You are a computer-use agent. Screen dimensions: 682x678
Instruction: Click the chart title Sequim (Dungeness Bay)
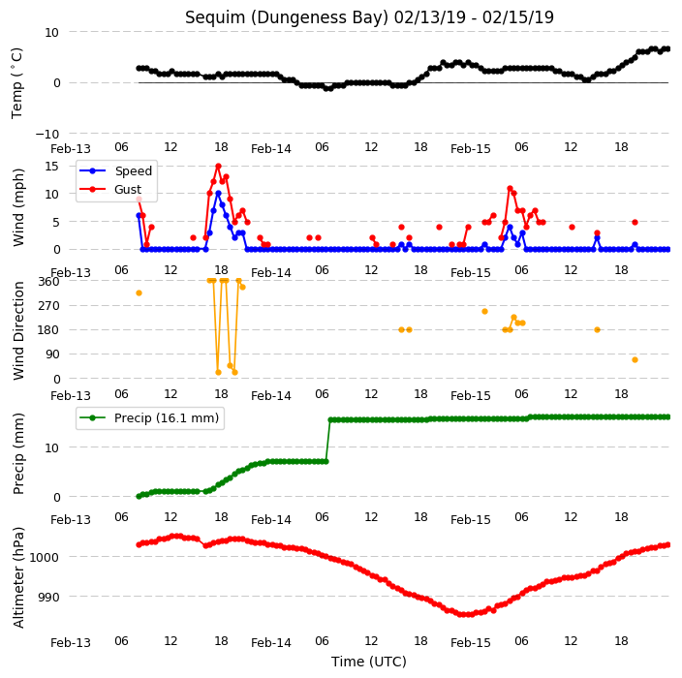coord(286,17)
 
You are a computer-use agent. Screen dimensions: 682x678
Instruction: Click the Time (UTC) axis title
coord(369,662)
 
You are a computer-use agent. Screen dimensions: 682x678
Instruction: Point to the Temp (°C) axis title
coord(16,83)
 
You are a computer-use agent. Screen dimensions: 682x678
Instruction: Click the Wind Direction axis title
coord(18,330)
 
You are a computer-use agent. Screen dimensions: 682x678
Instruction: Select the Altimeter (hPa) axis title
coord(17,577)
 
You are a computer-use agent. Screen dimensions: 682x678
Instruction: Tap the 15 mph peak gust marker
coord(218,167)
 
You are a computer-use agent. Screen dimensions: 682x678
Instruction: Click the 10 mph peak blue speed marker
coord(218,194)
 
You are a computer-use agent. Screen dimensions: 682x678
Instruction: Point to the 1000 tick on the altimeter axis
coord(44,557)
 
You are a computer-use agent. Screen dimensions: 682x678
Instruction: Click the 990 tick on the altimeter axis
coord(48,597)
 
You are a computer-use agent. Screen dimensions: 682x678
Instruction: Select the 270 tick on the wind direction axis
coord(48,306)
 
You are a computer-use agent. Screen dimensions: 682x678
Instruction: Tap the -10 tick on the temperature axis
coord(46,134)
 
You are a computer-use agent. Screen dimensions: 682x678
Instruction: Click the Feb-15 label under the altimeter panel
coord(471,643)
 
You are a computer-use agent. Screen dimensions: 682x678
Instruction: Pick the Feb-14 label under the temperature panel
coord(271,149)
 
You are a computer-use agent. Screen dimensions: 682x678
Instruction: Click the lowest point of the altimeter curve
coord(464,614)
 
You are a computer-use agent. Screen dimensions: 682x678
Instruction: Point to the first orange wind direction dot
coord(139,293)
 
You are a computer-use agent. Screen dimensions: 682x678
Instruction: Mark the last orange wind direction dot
coord(635,360)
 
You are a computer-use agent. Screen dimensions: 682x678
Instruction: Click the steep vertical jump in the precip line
coord(328,441)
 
